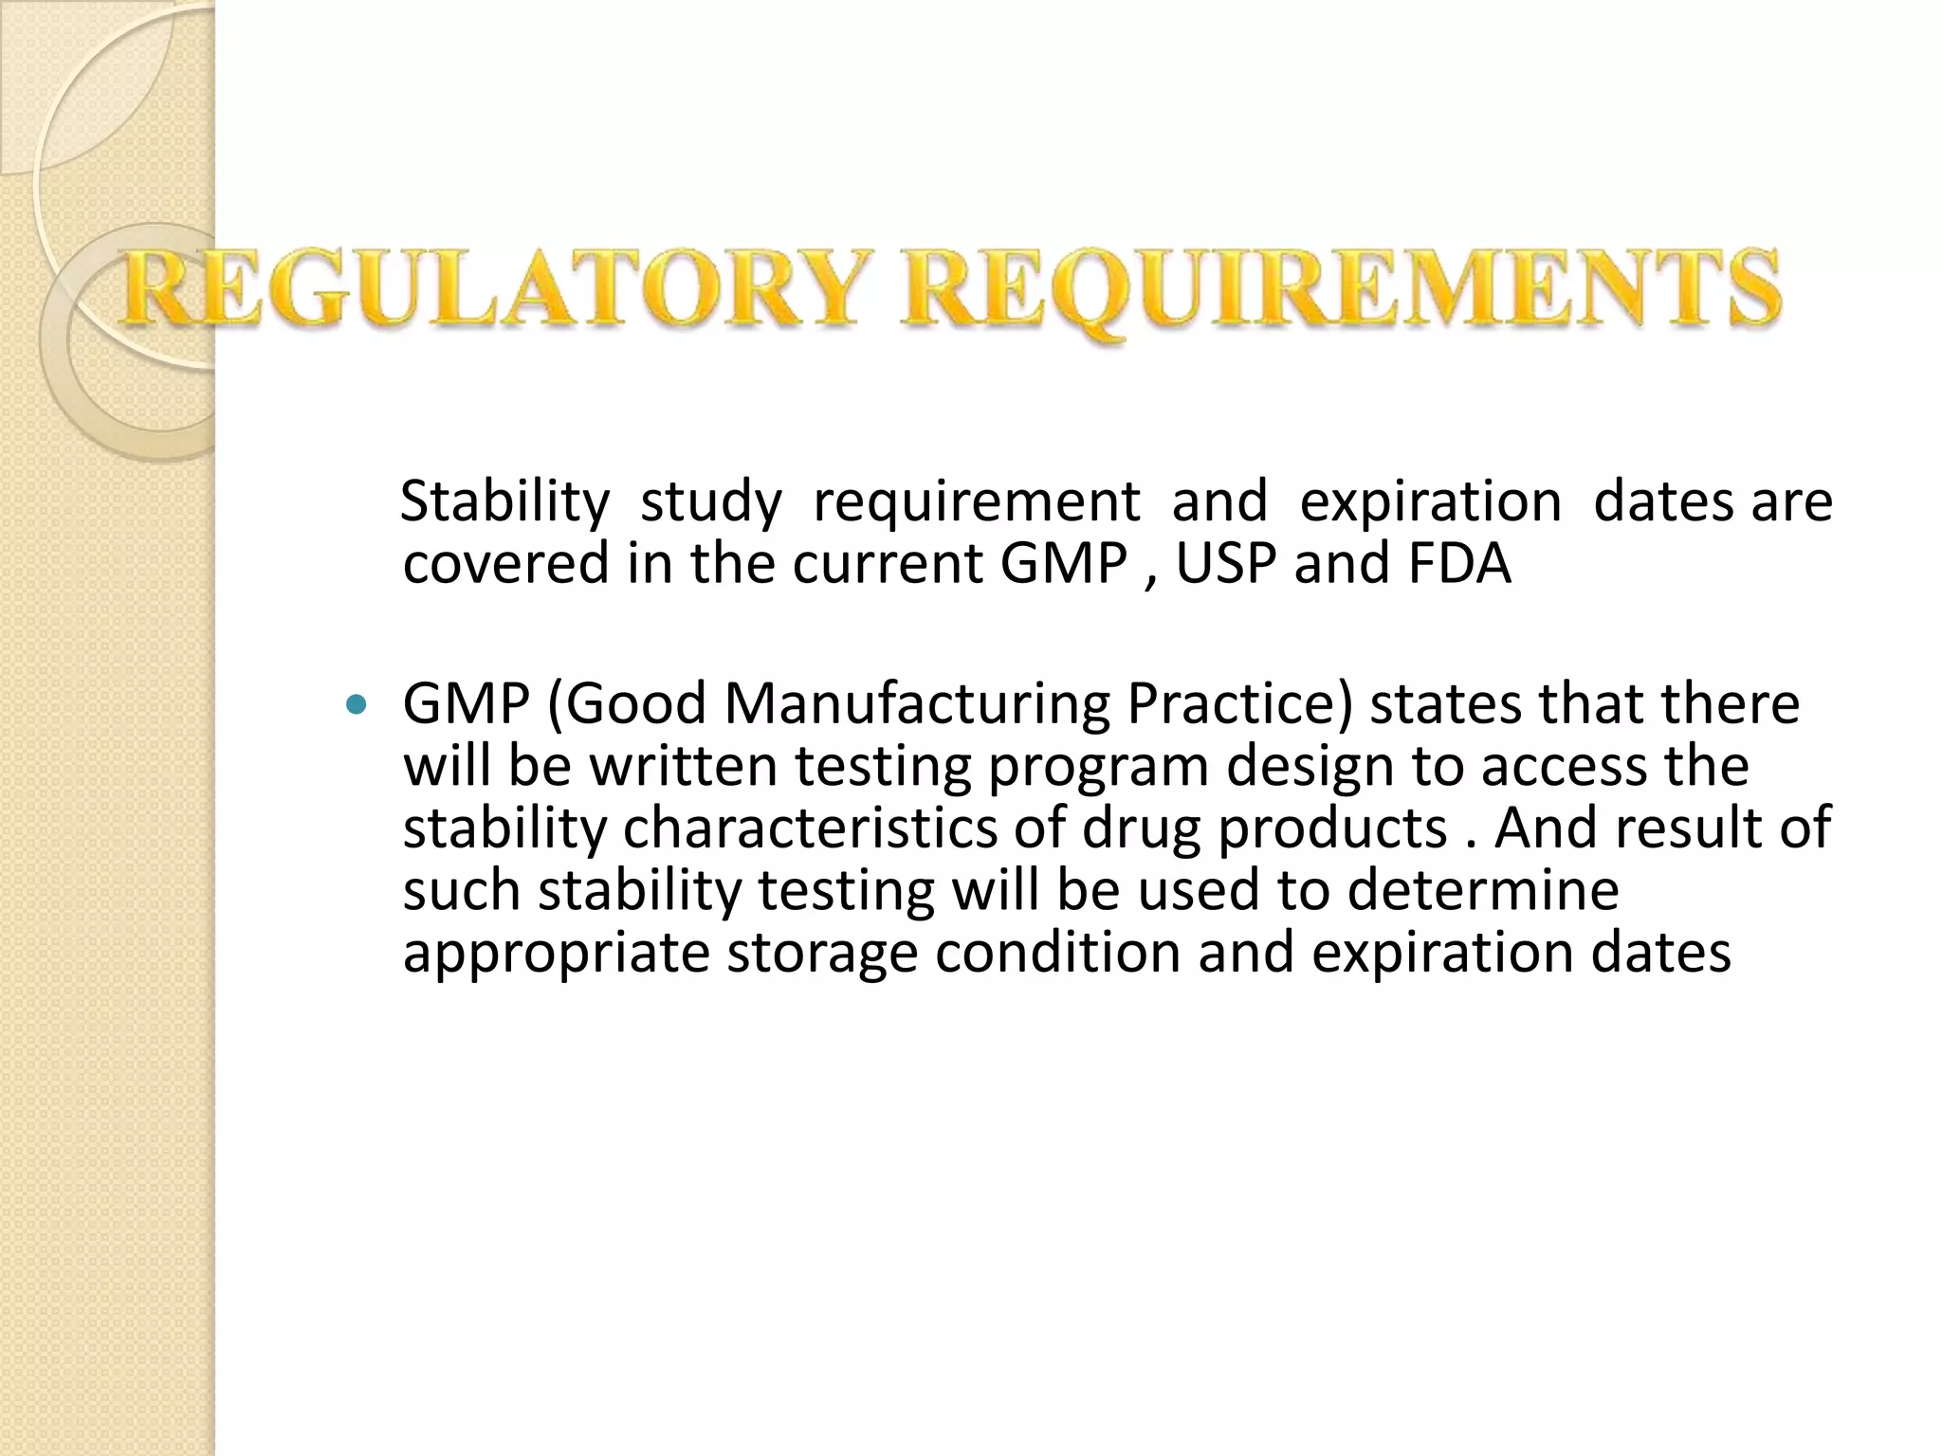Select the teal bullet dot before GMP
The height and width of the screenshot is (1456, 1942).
357,704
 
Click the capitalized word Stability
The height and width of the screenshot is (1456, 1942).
504,501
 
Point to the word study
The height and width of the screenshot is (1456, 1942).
711,501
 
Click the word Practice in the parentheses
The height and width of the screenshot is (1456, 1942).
1229,704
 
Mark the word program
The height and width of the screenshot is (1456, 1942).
1098,768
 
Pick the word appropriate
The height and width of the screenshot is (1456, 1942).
556,954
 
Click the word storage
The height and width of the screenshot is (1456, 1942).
822,954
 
